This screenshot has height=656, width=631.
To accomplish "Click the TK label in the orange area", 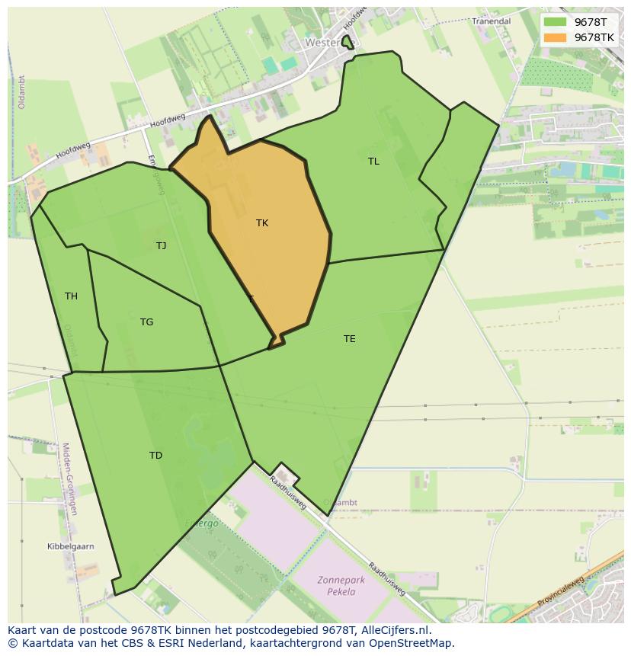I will click(262, 223).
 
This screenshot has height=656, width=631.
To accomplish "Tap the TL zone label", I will click(373, 162).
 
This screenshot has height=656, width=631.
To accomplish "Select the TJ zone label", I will click(161, 245).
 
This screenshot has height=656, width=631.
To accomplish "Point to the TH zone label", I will click(71, 296).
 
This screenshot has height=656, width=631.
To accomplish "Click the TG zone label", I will click(146, 322).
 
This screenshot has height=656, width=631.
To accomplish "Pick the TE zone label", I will click(349, 339).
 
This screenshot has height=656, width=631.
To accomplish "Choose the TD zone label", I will click(155, 456).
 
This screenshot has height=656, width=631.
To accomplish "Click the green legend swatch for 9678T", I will click(555, 22).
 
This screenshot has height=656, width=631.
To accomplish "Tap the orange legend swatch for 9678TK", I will click(555, 37).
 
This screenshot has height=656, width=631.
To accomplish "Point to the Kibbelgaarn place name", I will click(70, 547).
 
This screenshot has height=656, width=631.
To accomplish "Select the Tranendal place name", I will click(491, 21).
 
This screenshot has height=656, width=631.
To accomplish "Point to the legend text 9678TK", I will click(594, 37).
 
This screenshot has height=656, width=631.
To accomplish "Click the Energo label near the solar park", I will click(202, 523).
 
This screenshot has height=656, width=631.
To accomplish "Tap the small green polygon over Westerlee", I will click(348, 43).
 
